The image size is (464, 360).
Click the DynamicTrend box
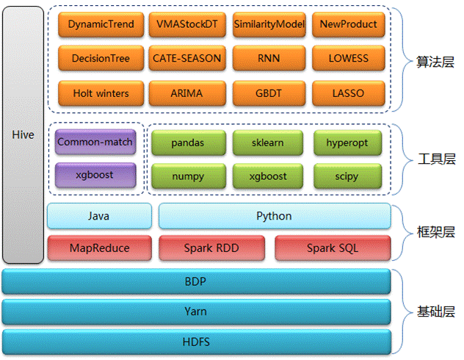pos(101,24)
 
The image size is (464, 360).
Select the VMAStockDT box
pos(186,24)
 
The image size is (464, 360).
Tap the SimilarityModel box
pos(269,24)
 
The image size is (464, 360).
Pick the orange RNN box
pos(269,58)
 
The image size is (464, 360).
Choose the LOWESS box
pos(348,58)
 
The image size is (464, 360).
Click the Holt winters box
pos(101,93)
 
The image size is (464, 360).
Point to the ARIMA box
pos(186,93)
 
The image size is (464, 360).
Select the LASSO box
pos(348,93)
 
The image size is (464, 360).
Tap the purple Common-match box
pos(95,141)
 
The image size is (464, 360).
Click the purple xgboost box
pos(95,176)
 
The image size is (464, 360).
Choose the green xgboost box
pos(267,176)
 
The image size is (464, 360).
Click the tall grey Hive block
pos(23,135)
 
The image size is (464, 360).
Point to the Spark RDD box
pos(214,248)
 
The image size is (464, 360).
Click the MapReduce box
pos(99,248)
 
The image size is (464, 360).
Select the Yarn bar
pos(195,312)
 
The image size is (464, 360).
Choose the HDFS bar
pos(195,342)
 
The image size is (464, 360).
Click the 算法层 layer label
pos(435,63)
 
